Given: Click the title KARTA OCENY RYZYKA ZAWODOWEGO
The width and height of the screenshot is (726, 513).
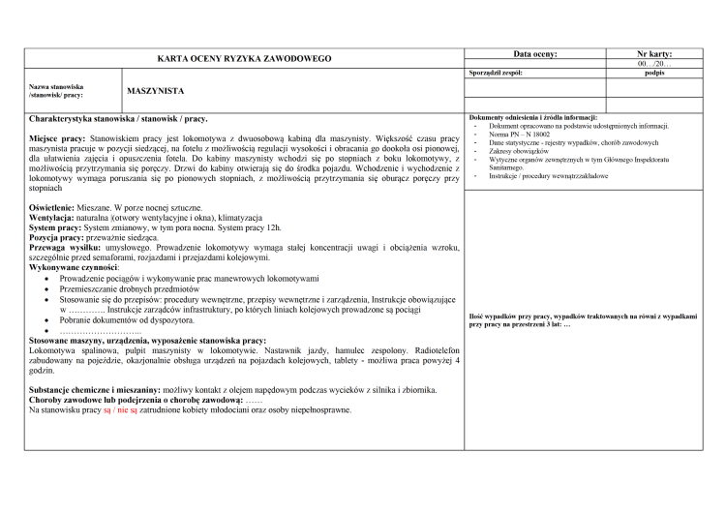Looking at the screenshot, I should coord(244,59).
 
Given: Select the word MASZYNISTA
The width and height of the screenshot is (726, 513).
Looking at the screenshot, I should coord(155,90).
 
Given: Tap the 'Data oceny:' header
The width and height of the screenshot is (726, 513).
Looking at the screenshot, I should coord(534,54).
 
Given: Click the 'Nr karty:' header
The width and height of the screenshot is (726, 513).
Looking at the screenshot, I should coord(654,54).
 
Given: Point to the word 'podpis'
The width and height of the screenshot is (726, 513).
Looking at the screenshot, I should coord(653,73).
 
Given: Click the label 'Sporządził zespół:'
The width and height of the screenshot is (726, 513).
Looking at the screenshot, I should coord(496,73).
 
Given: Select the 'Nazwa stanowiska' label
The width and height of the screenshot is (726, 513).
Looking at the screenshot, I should coord(56,86).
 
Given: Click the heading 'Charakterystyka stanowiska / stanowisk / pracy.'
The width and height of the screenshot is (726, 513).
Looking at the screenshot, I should coord(118,118).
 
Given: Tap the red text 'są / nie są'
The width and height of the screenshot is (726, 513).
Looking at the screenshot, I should coord(120,410).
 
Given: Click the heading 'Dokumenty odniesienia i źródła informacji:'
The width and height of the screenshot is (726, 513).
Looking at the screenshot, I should coord(532,117).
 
